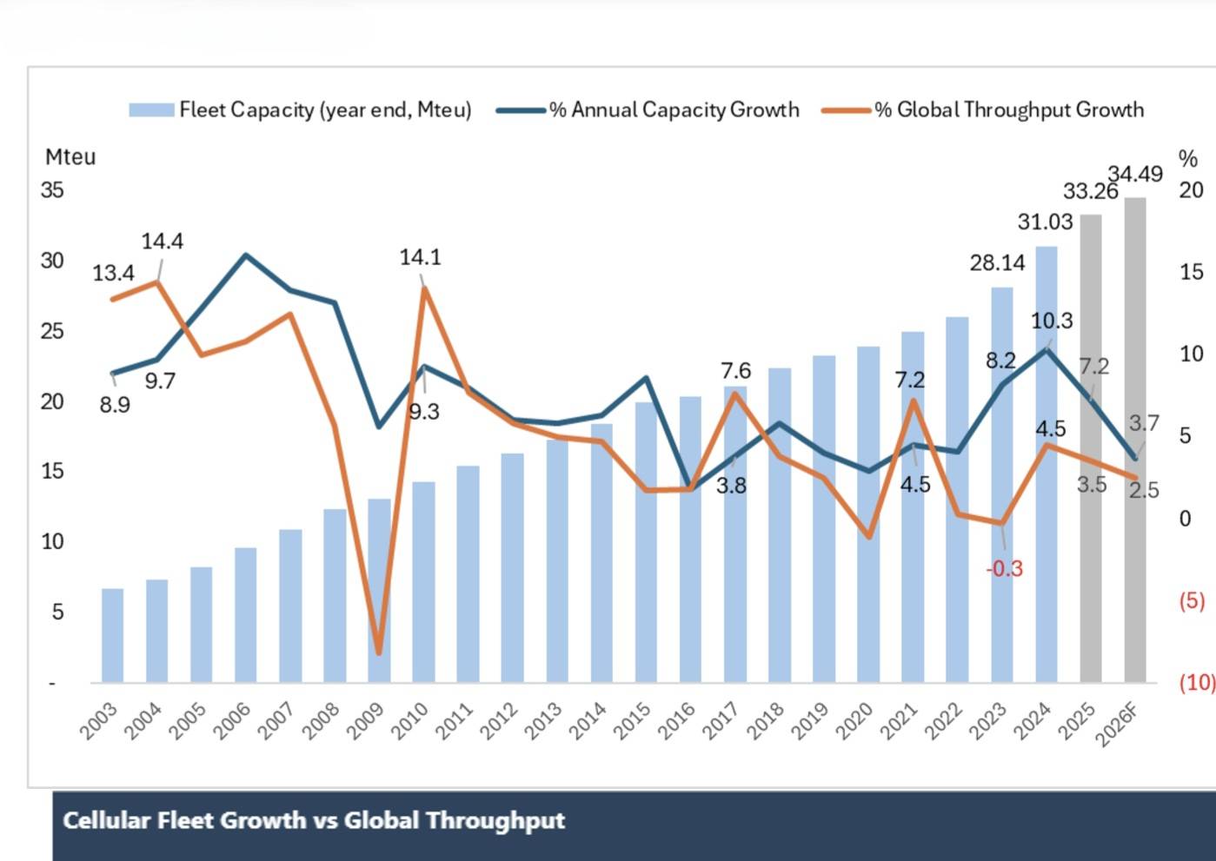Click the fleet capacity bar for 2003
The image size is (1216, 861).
pyautogui.click(x=112, y=635)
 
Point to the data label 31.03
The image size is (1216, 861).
pyautogui.click(x=1045, y=222)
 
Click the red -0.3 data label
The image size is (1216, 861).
pyautogui.click(x=1004, y=569)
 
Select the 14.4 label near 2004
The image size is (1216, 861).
pyautogui.click(x=163, y=242)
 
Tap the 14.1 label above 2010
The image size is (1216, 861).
pyautogui.click(x=420, y=258)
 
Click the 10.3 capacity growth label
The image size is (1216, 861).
pyautogui.click(x=1052, y=321)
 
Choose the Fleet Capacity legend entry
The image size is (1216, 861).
pyautogui.click(x=300, y=110)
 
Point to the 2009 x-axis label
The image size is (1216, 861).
pyautogui.click(x=366, y=722)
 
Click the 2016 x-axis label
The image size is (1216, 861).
pyautogui.click(x=677, y=722)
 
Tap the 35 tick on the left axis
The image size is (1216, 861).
pyautogui.click(x=52, y=189)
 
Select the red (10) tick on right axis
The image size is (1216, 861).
pyautogui.click(x=1196, y=683)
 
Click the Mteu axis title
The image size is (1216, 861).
pyautogui.click(x=70, y=157)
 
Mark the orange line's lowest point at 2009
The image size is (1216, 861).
pyautogui.click(x=378, y=652)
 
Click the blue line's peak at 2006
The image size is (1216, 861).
pyautogui.click(x=246, y=255)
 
